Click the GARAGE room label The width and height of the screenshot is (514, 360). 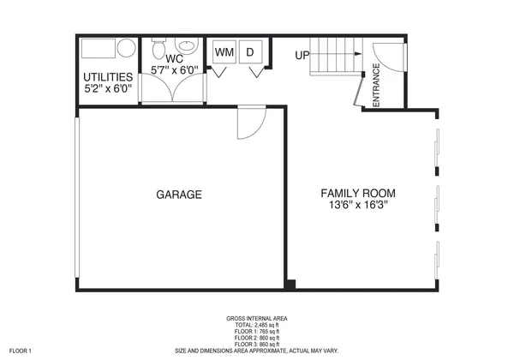(x=179, y=195)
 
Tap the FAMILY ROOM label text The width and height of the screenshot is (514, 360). (x=358, y=193)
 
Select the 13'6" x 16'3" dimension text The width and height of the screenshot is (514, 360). (x=358, y=207)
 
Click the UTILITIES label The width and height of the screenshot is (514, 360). (x=108, y=76)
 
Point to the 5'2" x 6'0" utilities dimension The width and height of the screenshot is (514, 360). (x=108, y=88)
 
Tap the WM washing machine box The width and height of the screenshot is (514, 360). (x=224, y=52)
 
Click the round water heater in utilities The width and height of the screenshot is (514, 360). (x=126, y=48)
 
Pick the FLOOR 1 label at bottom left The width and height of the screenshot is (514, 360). (x=17, y=350)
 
